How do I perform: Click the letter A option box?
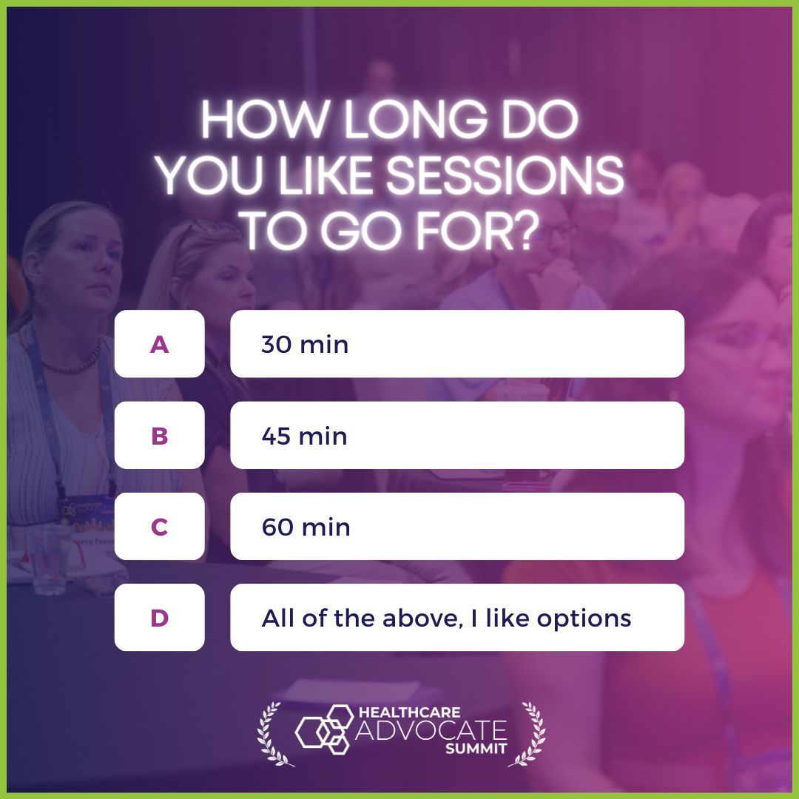pos(159,344)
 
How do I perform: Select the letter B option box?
pos(159,435)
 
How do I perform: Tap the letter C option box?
pos(159,526)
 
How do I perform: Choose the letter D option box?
pos(159,617)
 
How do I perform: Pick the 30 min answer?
pos(456,344)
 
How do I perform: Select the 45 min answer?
pos(456,435)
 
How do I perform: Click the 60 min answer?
pos(456,526)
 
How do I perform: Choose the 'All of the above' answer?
pos(456,617)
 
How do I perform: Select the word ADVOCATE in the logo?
pos(432,731)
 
